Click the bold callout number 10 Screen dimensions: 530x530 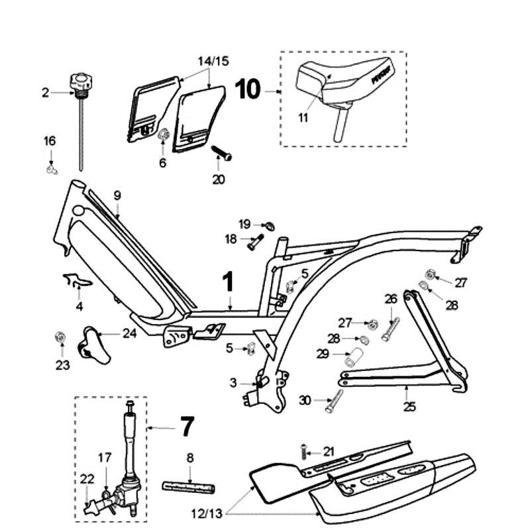point(249,89)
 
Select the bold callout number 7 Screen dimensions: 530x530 point(187,427)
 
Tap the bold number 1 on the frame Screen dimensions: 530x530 point(228,283)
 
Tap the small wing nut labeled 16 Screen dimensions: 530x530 point(52,170)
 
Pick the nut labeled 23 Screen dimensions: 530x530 point(60,339)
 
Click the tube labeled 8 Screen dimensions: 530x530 point(189,488)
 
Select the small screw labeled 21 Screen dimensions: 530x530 point(305,452)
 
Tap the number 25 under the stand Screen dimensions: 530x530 point(409,407)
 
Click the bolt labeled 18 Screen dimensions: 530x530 point(254,242)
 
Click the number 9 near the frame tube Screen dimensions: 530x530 point(117,195)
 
